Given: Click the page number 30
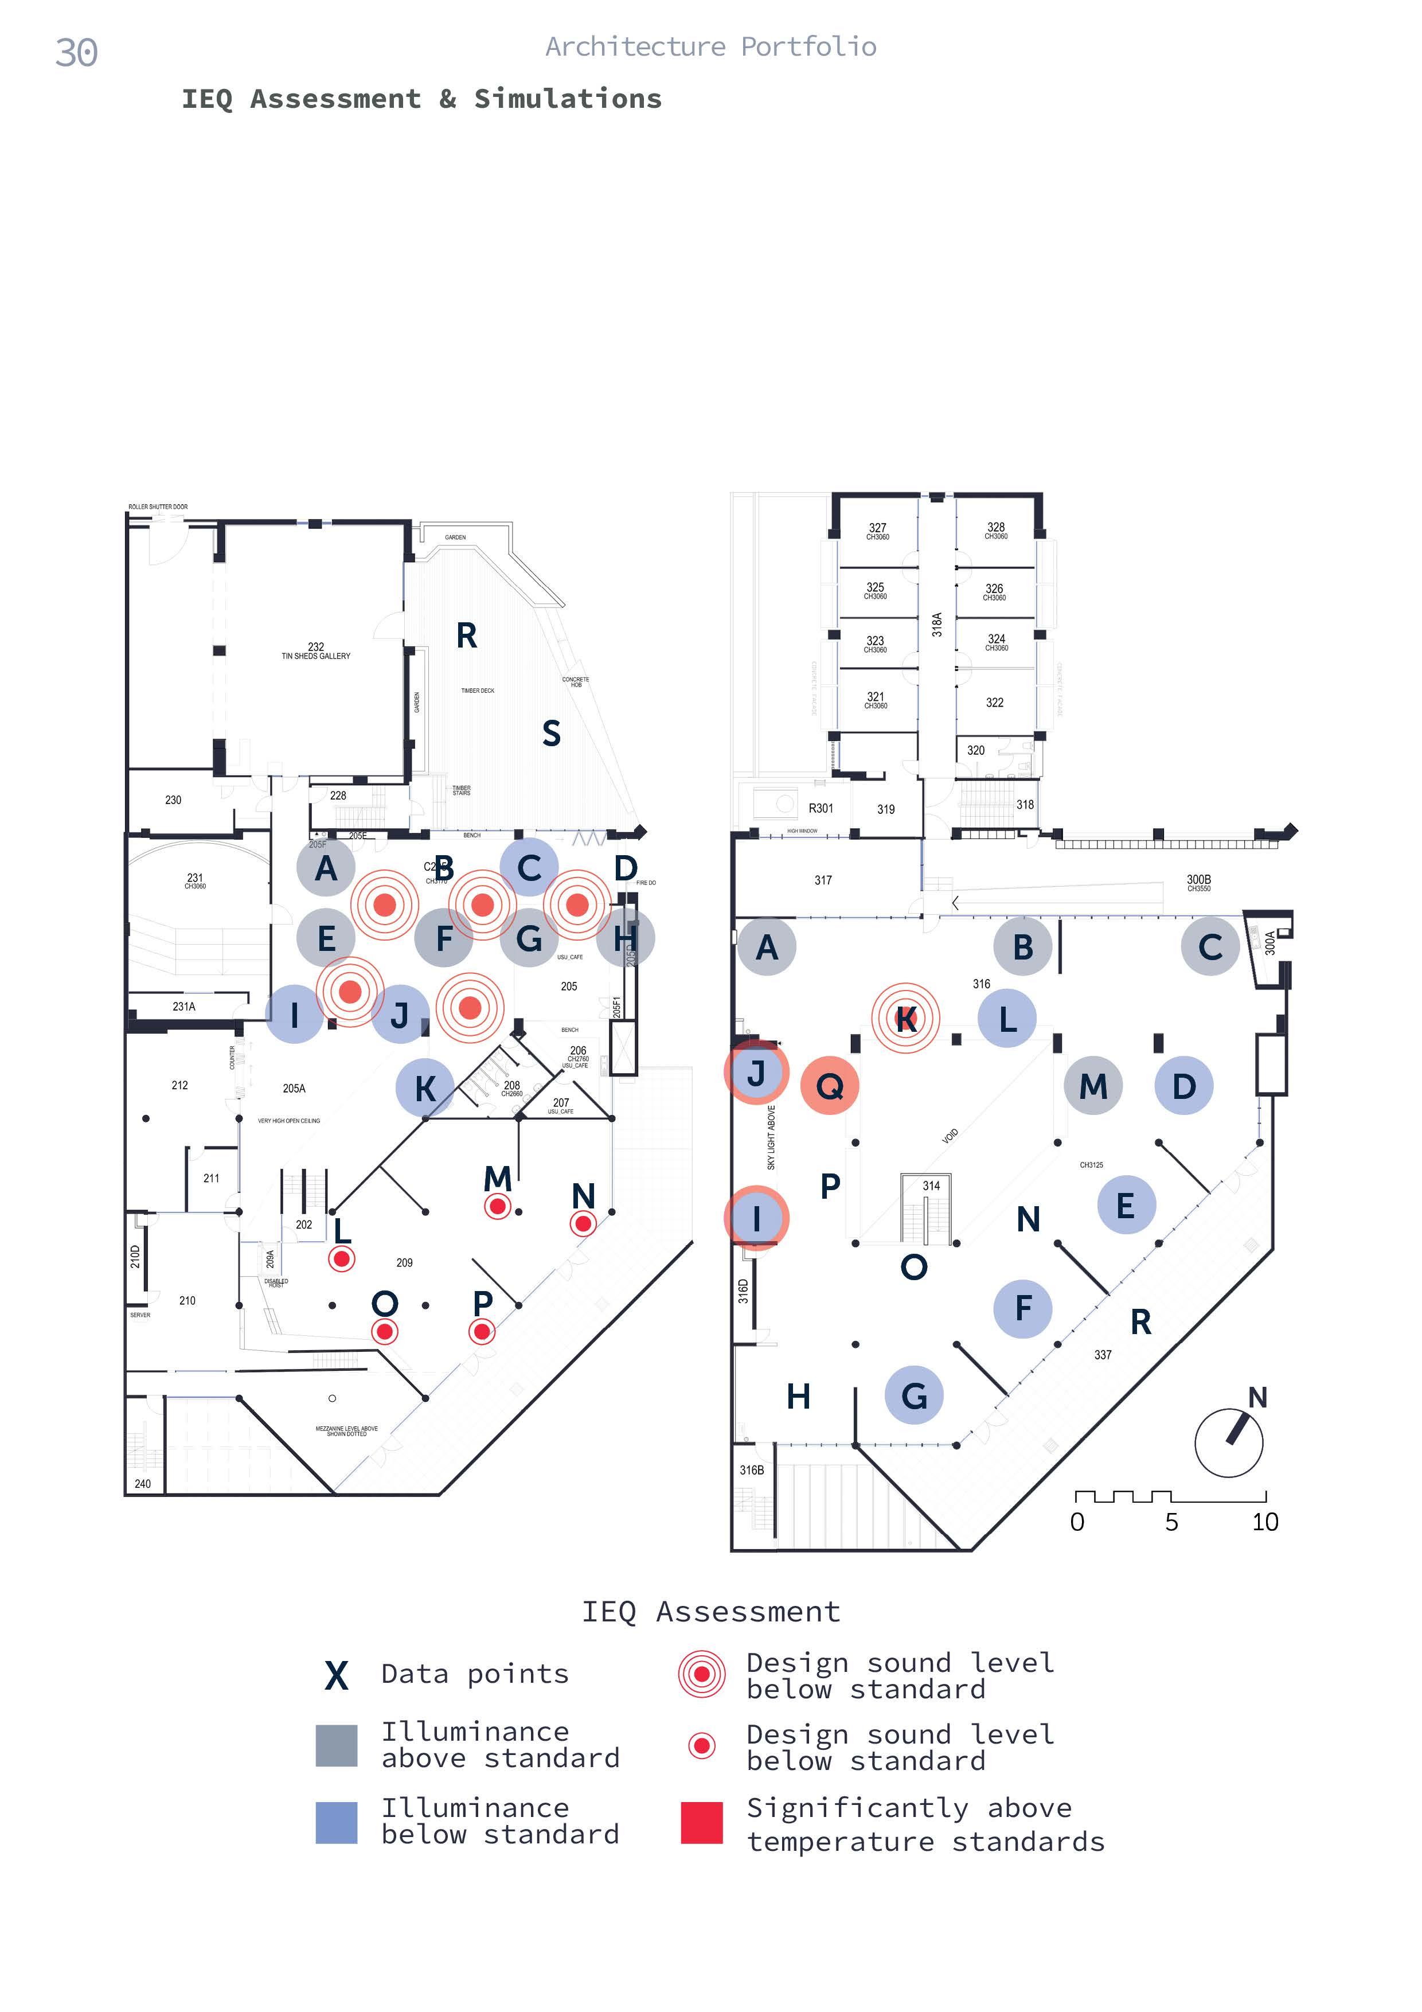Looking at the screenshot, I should pyautogui.click(x=76, y=53).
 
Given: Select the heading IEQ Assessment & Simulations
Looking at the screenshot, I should pyautogui.click(x=421, y=99).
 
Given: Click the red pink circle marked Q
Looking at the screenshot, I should pyautogui.click(x=829, y=1086).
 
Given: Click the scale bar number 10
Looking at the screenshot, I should pyautogui.click(x=1264, y=1522).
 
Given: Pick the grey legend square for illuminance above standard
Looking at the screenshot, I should pyautogui.click(x=337, y=1746).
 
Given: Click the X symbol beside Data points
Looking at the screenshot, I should pyautogui.click(x=337, y=1675).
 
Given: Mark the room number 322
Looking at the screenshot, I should pyautogui.click(x=994, y=703).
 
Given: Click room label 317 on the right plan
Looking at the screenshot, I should pyautogui.click(x=823, y=880).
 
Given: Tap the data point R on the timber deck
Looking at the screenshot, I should pyautogui.click(x=466, y=635).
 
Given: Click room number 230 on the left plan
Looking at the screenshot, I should pyautogui.click(x=174, y=800).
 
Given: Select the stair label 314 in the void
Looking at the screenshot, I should pyautogui.click(x=931, y=1186).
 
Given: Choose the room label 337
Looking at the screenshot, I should pyautogui.click(x=1102, y=1355).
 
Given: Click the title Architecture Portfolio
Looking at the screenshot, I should pyautogui.click(x=710, y=46).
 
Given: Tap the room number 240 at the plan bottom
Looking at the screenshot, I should pyautogui.click(x=143, y=1484).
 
